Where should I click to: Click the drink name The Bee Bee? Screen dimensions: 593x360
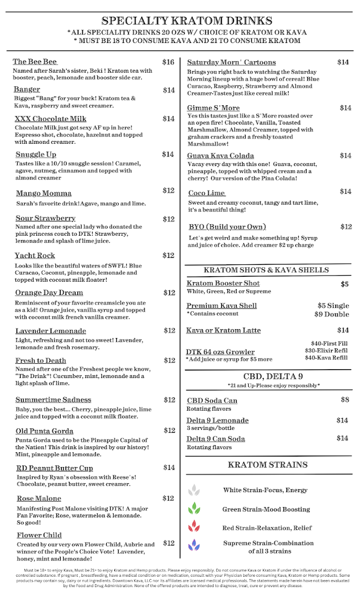(x=35, y=62)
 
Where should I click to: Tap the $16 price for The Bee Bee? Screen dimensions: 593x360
(x=168, y=62)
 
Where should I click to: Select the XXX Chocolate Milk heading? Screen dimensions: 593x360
(x=50, y=119)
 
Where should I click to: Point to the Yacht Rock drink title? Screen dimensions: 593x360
(x=35, y=255)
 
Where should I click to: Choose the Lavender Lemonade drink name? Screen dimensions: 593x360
(x=50, y=331)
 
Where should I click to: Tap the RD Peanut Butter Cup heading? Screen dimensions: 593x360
(x=54, y=468)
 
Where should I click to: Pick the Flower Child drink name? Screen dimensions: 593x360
(x=39, y=535)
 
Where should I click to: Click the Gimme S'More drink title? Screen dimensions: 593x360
(x=213, y=108)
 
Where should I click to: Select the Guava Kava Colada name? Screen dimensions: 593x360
(x=221, y=156)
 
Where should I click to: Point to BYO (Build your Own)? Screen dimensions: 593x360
(x=227, y=227)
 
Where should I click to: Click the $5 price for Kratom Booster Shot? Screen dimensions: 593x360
(x=345, y=284)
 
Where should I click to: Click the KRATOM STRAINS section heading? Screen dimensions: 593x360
(x=268, y=465)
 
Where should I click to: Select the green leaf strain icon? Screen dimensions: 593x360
(x=194, y=508)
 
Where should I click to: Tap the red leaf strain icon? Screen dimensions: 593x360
(x=194, y=527)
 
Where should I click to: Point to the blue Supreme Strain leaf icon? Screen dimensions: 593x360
(x=194, y=545)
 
